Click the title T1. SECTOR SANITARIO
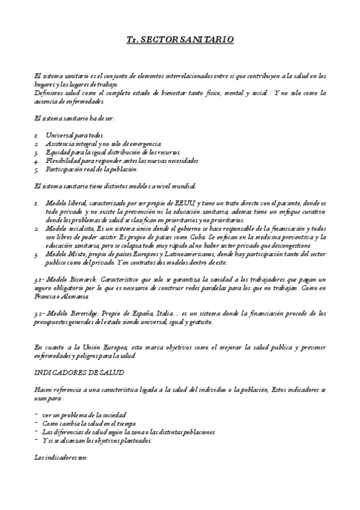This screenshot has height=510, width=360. click(x=180, y=40)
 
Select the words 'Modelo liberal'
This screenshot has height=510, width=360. click(x=64, y=204)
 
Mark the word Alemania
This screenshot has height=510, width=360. click(x=74, y=297)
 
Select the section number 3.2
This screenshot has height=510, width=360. click(x=40, y=314)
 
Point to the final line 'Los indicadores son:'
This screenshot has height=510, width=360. click(x=61, y=458)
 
